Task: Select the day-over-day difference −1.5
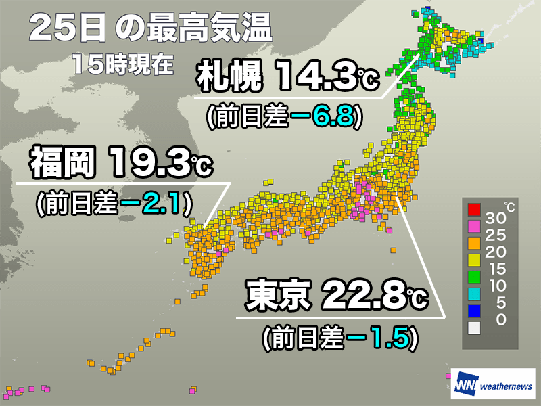[x=378, y=336]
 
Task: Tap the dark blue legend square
[x=474, y=311]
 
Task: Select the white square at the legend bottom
[x=474, y=328]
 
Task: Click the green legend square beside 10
[x=474, y=277]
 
